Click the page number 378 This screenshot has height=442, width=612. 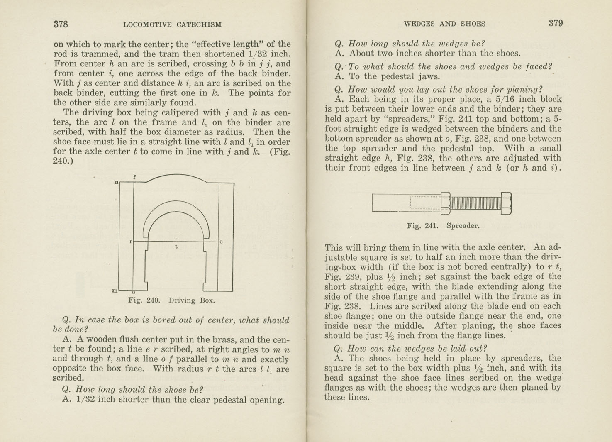click(x=61, y=24)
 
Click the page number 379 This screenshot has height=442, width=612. click(x=556, y=23)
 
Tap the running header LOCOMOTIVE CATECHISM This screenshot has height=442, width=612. click(x=172, y=24)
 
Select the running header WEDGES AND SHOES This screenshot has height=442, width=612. click(x=444, y=24)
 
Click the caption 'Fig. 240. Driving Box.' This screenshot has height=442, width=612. click(x=171, y=300)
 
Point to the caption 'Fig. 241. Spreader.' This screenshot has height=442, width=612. click(x=443, y=226)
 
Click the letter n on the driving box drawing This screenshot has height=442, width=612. click(x=117, y=182)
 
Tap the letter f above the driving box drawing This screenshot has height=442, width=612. click(x=134, y=177)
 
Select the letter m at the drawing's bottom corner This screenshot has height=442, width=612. click(x=115, y=291)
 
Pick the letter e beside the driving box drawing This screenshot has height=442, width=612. click(x=221, y=241)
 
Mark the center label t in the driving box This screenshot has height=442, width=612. click(x=176, y=247)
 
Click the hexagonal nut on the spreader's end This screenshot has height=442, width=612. click(x=506, y=203)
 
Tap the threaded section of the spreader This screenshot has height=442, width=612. click(x=475, y=203)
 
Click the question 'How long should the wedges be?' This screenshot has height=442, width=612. click(x=416, y=44)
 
